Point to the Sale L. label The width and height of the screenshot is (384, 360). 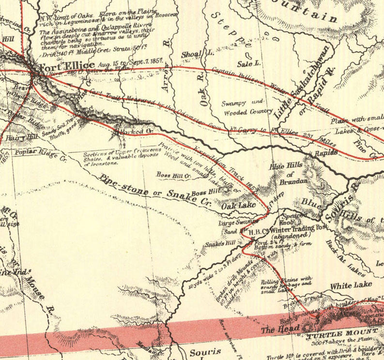pyautogui.click(x=249, y=63)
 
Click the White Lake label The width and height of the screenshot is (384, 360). pyautogui.click(x=351, y=285)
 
